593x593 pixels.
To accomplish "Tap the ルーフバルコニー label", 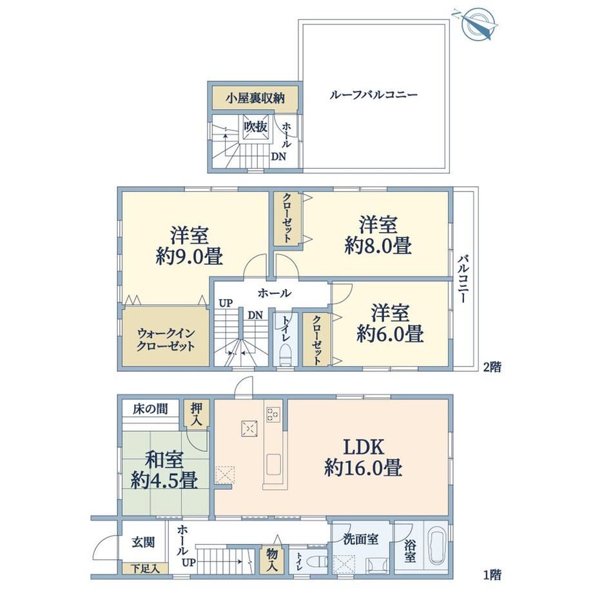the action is tap(373, 94).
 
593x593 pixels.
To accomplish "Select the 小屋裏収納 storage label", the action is tap(256, 99).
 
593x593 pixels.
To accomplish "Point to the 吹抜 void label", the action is tap(256, 127).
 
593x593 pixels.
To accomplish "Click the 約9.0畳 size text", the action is tap(189, 256).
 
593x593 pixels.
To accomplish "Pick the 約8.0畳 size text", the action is tap(378, 245).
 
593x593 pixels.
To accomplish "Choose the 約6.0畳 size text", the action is tap(390, 333).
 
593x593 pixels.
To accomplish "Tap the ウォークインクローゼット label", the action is tap(166, 340).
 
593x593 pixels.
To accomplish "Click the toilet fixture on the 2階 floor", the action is tap(285, 355).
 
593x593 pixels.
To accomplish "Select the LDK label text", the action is tap(364, 447).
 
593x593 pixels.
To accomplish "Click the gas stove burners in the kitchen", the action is tap(273, 414).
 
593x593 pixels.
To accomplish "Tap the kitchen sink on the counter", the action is tap(273, 465).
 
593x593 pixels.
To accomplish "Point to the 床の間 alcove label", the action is tap(150, 409).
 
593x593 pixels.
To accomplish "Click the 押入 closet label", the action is tap(197, 415).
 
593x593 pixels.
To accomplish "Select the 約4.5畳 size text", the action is tap(164, 481).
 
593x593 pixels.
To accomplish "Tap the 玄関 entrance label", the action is tap(143, 542).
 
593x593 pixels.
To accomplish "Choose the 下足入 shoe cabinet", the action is tap(144, 568).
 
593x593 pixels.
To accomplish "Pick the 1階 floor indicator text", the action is tap(492, 575).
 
